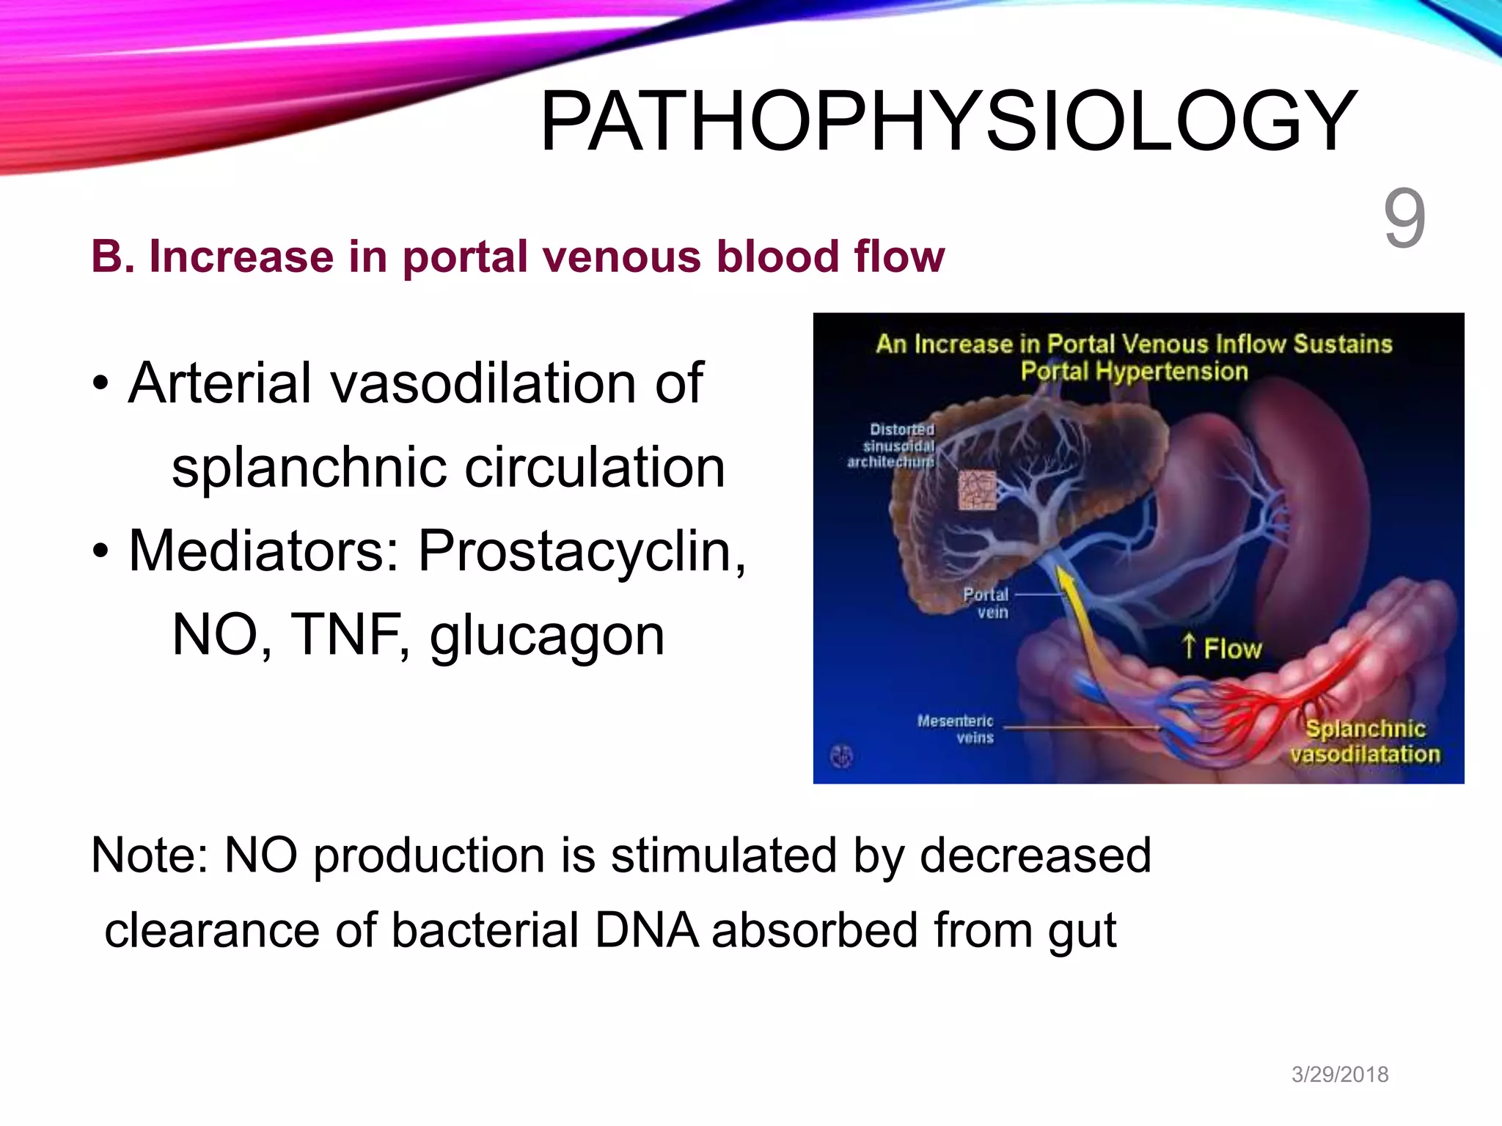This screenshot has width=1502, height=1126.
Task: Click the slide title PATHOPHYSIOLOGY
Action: [x=948, y=121]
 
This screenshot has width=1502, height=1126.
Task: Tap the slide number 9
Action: [x=1404, y=218]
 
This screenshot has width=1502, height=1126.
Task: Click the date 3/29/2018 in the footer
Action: [x=1339, y=1074]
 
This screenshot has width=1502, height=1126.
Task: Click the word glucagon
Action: [x=546, y=635]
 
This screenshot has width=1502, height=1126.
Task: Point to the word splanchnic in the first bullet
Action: [x=309, y=468]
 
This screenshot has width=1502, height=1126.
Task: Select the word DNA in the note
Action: [x=646, y=930]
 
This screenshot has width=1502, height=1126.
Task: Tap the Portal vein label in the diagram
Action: [x=986, y=603]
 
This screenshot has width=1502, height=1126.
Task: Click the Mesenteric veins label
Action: [x=956, y=729]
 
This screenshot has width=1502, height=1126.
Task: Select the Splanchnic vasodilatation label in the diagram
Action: [x=1365, y=741]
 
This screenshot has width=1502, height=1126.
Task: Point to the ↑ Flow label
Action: [x=1222, y=648]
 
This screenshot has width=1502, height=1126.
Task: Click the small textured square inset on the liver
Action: [x=978, y=490]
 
